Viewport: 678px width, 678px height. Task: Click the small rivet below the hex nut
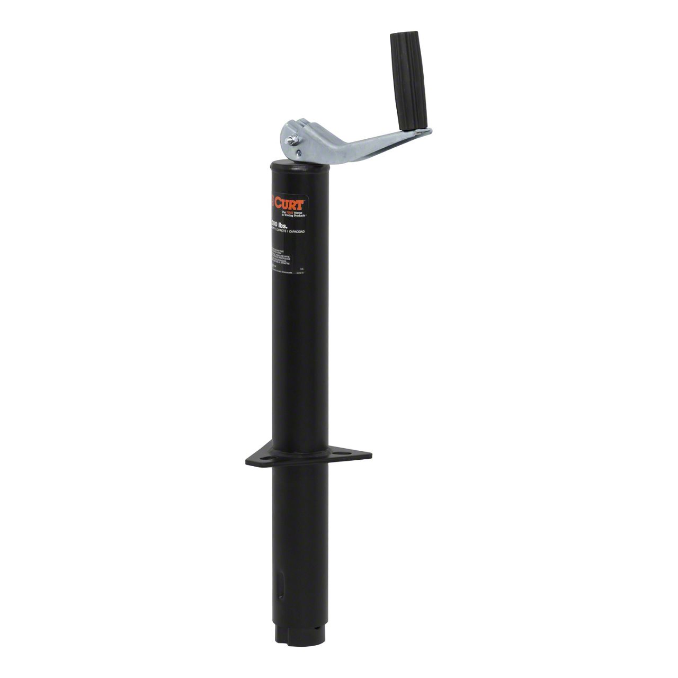pyautogui.click(x=298, y=154)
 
